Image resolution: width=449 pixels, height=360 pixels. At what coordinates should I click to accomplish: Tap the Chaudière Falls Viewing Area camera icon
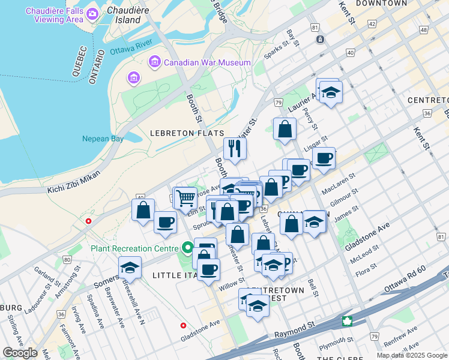[92, 13]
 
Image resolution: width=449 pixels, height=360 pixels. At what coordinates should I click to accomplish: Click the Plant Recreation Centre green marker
[188, 248]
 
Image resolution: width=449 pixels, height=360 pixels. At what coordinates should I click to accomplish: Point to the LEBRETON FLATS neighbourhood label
[188, 133]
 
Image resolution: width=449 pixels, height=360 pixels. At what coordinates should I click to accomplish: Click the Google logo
[20, 353]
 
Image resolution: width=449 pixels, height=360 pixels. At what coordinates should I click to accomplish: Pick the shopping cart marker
[186, 197]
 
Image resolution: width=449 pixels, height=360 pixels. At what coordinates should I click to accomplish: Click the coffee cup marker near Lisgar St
[324, 158]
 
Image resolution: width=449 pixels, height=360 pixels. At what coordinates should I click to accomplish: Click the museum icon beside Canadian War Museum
[155, 62]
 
